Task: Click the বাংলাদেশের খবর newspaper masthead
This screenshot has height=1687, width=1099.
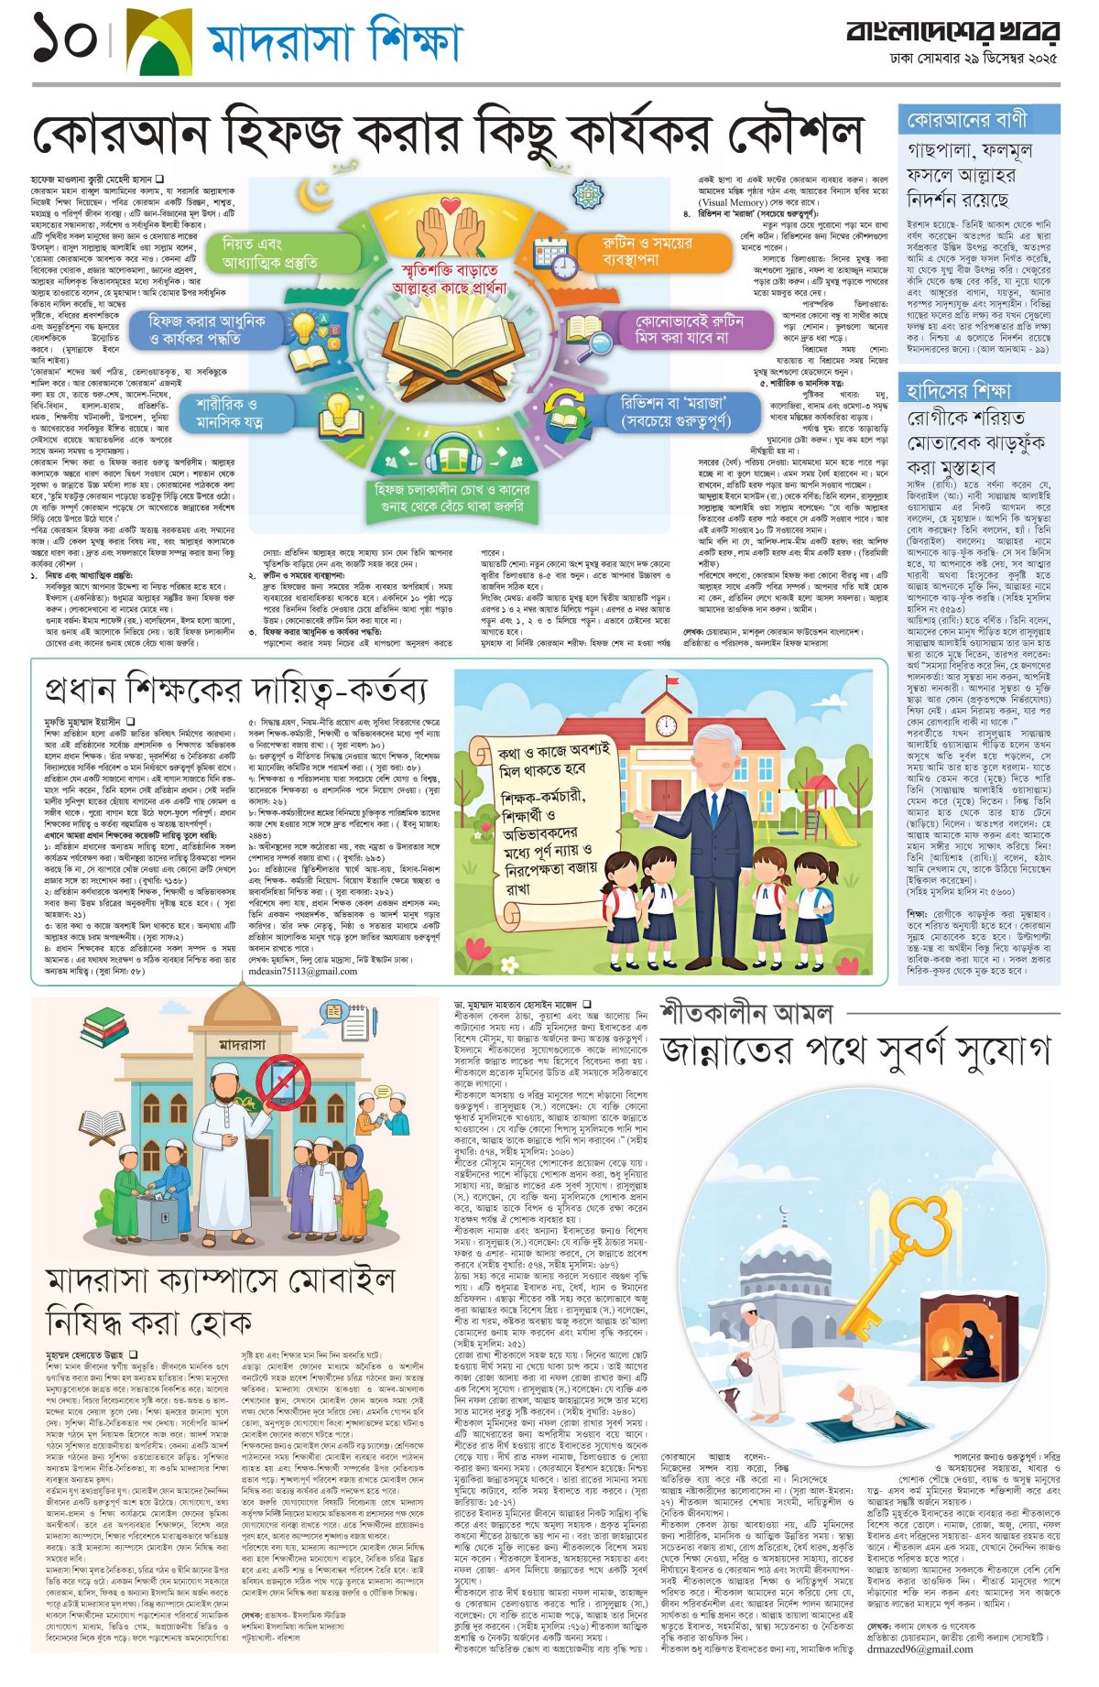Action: coord(952,33)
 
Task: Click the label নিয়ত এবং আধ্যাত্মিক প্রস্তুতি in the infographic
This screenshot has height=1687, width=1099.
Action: coord(270,252)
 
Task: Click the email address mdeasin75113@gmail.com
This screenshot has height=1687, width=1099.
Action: coord(302,971)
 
